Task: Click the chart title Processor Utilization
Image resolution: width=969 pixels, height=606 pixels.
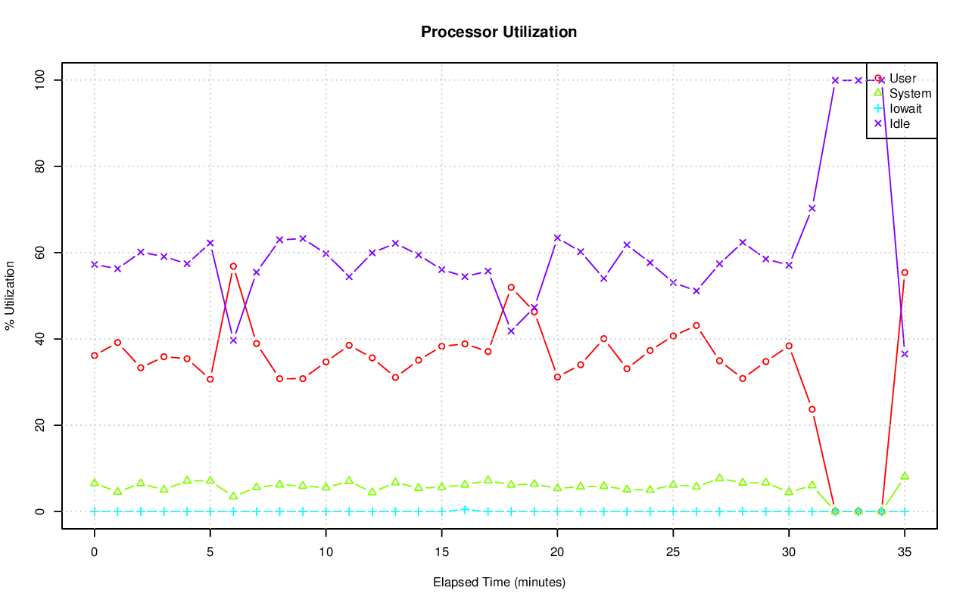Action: coord(499,33)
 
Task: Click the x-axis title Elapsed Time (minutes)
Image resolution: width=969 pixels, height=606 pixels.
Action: coord(499,583)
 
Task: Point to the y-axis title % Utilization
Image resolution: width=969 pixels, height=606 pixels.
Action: coord(11,295)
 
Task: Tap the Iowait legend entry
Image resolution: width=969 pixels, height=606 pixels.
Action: coord(905,108)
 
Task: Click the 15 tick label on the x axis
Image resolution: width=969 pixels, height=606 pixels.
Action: coord(441,553)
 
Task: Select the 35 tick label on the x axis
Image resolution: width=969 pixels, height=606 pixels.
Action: coord(905,553)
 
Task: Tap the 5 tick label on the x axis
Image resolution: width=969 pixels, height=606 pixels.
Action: coord(210,553)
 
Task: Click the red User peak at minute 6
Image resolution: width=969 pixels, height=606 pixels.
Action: coord(233,266)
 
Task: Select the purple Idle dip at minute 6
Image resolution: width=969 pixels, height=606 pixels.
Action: coord(233,340)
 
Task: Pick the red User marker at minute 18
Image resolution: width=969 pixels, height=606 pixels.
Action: coord(511,287)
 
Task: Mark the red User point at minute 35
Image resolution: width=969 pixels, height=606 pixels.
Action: coord(905,272)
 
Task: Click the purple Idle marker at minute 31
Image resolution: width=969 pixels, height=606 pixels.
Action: coord(812,208)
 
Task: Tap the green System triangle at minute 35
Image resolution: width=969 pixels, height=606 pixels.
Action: coord(905,476)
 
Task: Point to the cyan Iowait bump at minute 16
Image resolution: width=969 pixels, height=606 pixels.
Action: coord(465,509)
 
